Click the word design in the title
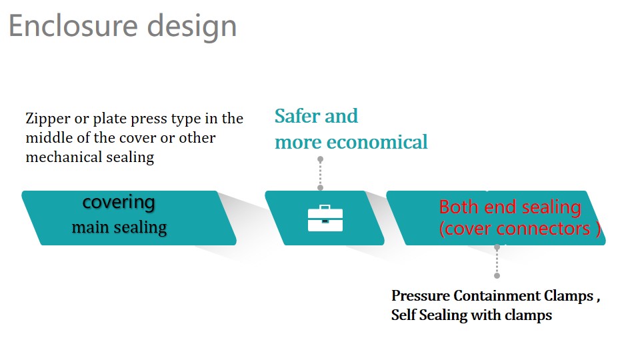click(192, 27)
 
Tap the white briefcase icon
click(325, 219)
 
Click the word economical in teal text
click(377, 143)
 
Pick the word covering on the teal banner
click(119, 203)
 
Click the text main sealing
click(119, 227)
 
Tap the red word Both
click(459, 207)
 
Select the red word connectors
click(543, 229)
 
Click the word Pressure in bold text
click(421, 295)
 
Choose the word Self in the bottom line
click(404, 315)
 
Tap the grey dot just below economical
click(321, 159)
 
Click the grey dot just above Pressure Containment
click(497, 275)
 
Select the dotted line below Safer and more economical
click(321, 173)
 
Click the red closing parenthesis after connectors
click(598, 229)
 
